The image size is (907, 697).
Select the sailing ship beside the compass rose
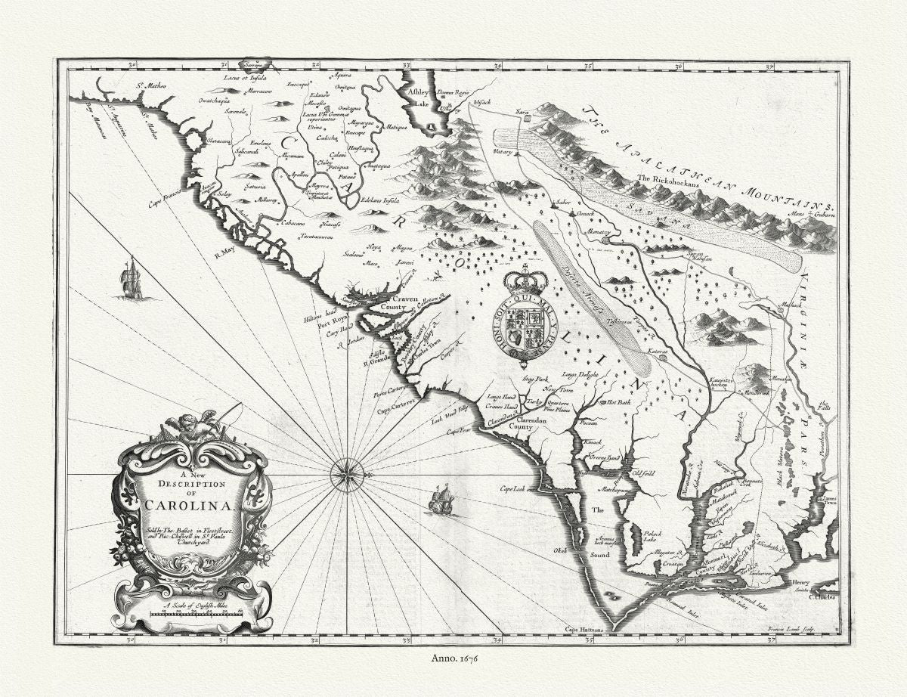(441, 500)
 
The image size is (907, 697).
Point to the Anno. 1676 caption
(453, 659)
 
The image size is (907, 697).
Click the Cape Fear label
(459, 431)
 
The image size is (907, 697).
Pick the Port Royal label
(333, 318)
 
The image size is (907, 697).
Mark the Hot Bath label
(618, 403)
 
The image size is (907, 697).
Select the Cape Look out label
(518, 488)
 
